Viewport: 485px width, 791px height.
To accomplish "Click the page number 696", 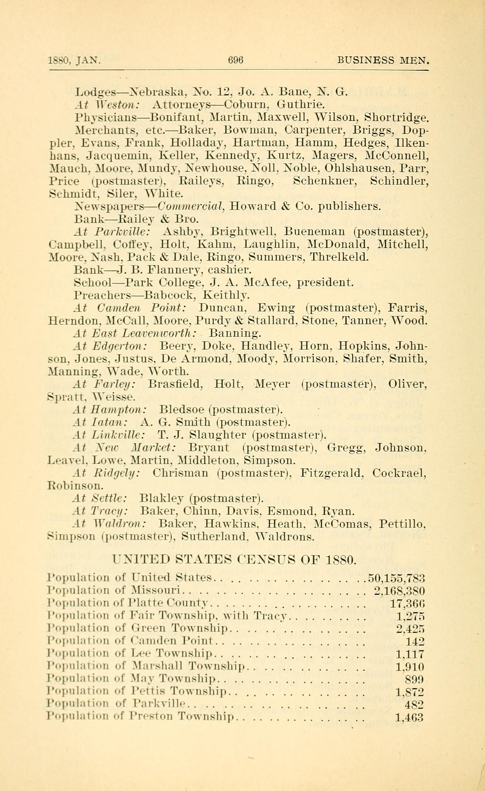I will [x=236, y=60].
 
